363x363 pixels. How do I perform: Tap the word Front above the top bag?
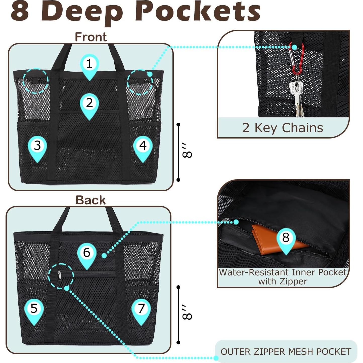click(91, 37)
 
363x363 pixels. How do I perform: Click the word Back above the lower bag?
click(90, 200)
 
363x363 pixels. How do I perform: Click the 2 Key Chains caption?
click(283, 128)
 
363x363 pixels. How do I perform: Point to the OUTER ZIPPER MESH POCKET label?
click(286, 351)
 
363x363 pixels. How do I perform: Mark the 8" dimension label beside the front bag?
click(187, 152)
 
